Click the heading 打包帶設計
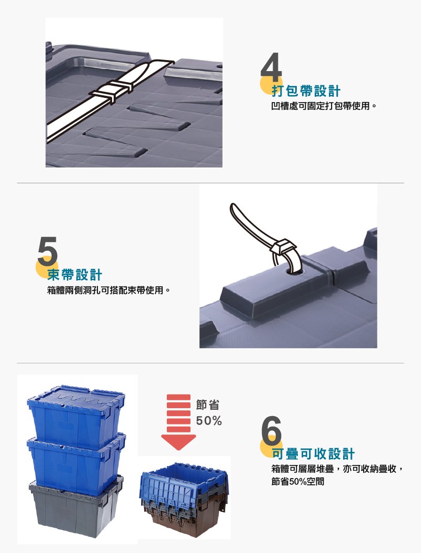point(306,91)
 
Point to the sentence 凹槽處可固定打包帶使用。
point(324,106)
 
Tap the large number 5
point(47,251)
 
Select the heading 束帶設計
point(75,275)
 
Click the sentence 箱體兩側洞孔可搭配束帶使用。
point(109,290)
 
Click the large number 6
point(271,430)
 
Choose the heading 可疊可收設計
point(313,454)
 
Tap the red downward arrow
point(178,422)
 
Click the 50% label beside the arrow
point(209,421)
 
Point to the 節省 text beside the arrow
point(208,405)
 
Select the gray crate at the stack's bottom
point(76,507)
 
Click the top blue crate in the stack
point(76,416)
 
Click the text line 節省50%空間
point(298,481)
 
